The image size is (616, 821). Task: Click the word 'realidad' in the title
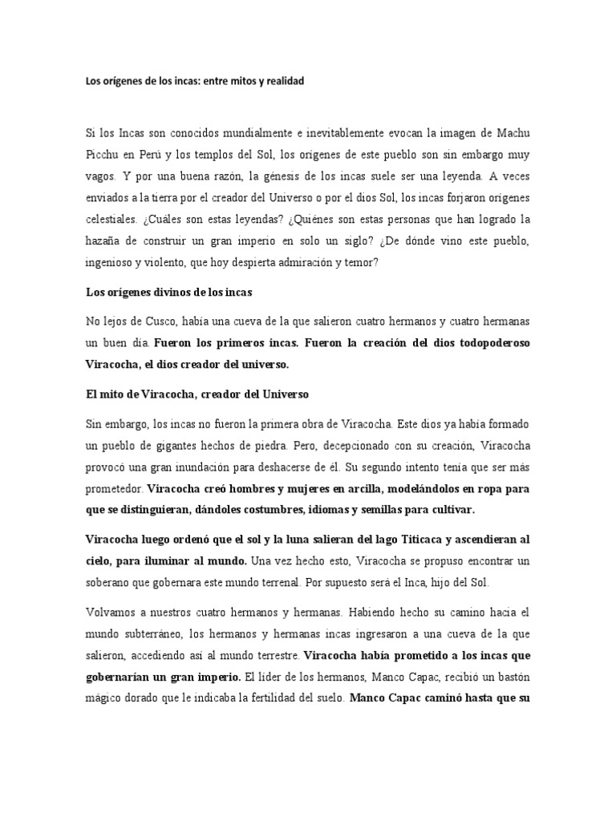coord(285,81)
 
